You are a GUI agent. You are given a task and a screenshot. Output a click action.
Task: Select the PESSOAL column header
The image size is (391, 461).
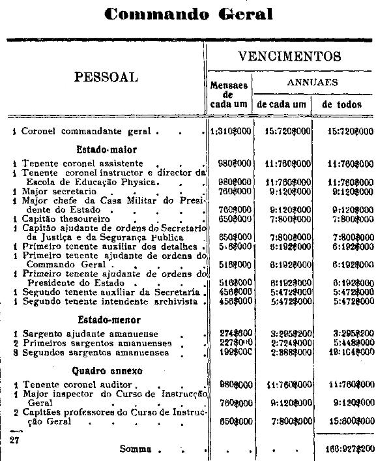coord(106,77)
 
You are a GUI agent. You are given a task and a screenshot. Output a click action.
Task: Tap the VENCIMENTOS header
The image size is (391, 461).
coord(290,56)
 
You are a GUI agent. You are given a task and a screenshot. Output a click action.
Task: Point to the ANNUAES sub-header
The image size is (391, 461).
coord(313,83)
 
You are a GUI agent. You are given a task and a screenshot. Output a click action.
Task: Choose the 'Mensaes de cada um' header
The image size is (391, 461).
coord(229,95)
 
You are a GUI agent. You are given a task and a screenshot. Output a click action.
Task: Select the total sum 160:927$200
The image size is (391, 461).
coord(349,449)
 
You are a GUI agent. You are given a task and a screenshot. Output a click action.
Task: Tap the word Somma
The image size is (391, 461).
coord(136,449)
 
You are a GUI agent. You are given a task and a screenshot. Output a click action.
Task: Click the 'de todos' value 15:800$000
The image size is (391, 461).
coord(349,421)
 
